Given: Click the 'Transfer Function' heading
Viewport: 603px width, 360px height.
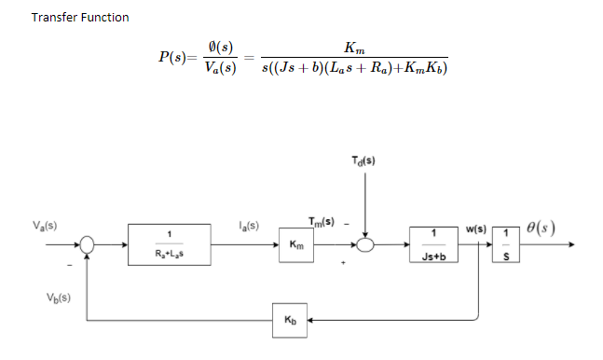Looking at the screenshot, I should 80,18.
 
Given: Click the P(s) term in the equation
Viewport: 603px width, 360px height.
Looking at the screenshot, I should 175,57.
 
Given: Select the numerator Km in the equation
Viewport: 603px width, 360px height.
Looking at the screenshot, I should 354,47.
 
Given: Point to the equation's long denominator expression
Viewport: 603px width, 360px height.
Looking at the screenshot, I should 354,68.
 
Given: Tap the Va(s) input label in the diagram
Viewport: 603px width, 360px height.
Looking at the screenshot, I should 43,226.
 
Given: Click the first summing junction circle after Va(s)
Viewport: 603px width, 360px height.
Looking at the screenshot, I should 88,244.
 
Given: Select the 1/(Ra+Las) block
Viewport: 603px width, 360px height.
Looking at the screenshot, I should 170,244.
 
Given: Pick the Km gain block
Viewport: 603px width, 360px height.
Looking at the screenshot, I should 295,244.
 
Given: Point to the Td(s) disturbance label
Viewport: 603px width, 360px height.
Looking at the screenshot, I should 364,159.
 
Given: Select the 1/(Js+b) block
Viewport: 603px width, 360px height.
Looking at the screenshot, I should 434,244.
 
